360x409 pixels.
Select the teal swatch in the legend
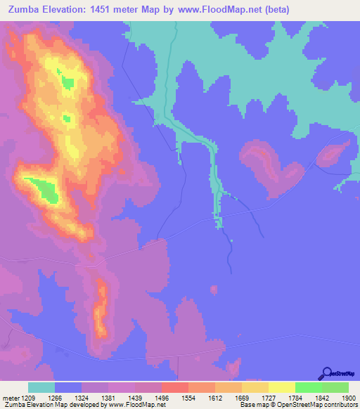click(x=41, y=387)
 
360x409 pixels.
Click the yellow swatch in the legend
click(x=281, y=387)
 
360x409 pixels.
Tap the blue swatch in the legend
click(x=68, y=387)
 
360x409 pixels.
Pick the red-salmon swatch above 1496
click(x=174, y=387)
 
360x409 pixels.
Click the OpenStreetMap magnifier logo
click(x=327, y=375)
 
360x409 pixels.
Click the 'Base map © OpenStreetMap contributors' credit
click(x=297, y=405)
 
